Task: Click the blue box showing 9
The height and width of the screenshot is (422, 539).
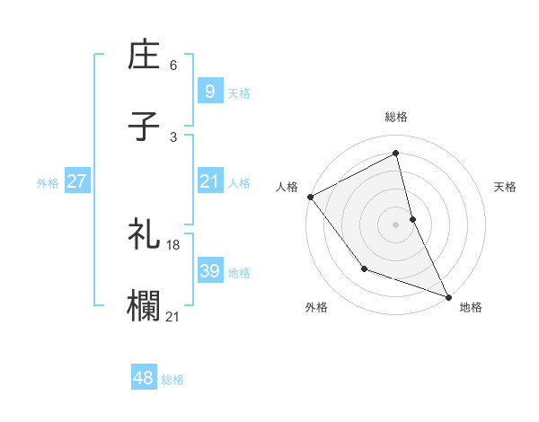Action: click(209, 91)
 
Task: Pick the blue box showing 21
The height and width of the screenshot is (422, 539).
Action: click(209, 181)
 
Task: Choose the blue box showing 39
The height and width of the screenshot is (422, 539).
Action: click(209, 271)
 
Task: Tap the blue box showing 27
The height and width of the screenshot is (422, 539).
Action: click(76, 181)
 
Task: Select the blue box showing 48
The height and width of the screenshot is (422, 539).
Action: click(143, 378)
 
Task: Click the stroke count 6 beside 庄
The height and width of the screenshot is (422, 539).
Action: click(172, 66)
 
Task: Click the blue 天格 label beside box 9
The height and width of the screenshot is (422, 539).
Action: click(239, 92)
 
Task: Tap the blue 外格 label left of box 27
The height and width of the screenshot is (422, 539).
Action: click(48, 182)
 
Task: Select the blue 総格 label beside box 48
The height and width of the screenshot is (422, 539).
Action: click(172, 380)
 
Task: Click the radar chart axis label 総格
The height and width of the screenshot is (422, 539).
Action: click(396, 117)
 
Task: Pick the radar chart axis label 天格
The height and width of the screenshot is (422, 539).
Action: click(506, 187)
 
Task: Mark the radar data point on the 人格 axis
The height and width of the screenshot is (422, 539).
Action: click(310, 197)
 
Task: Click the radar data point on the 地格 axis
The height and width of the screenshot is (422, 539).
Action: click(448, 296)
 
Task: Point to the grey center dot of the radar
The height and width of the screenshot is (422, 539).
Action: click(396, 224)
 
